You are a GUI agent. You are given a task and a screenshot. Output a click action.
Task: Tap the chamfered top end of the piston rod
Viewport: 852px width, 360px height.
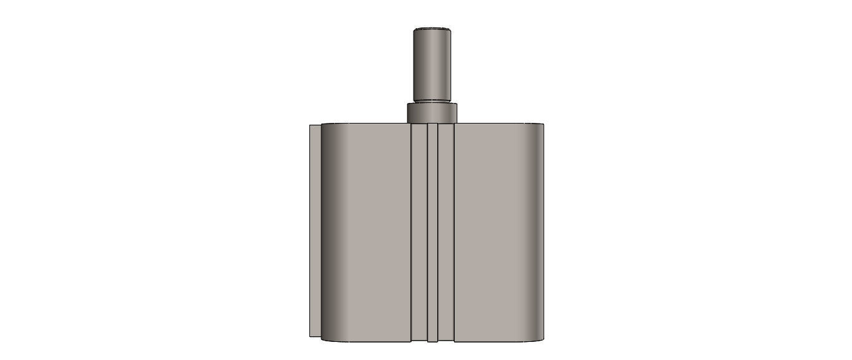[x=432, y=29]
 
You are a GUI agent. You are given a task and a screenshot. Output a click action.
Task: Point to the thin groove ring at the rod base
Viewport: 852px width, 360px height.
[x=432, y=100]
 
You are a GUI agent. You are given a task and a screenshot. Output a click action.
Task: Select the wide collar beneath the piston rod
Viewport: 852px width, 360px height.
[x=432, y=113]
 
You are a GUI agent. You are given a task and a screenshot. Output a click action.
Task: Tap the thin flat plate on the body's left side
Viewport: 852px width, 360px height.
[x=315, y=231]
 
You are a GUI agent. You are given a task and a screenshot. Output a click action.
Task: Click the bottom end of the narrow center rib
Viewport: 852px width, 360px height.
[x=432, y=339]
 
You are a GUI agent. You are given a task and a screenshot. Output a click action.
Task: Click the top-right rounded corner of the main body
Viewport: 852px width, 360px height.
[x=540, y=127]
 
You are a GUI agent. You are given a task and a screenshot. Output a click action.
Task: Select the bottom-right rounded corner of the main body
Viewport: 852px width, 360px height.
[x=540, y=338]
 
